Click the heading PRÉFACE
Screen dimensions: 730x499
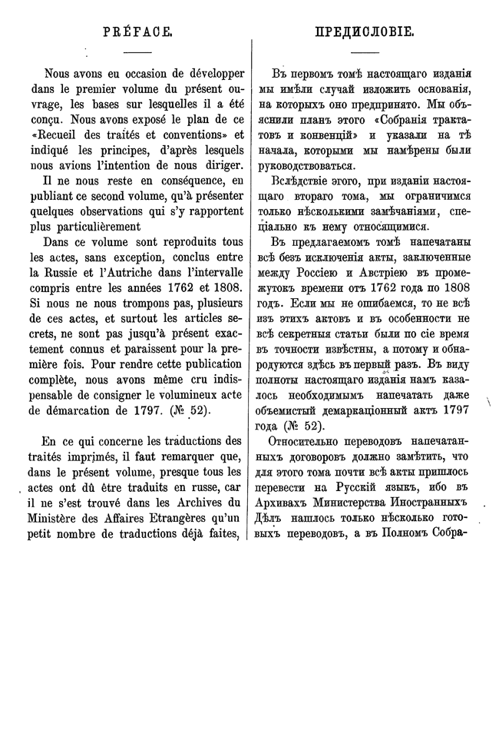pos(137,32)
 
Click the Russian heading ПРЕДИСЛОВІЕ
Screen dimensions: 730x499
pos(365,32)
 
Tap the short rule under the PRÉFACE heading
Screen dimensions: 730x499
pos(137,51)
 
